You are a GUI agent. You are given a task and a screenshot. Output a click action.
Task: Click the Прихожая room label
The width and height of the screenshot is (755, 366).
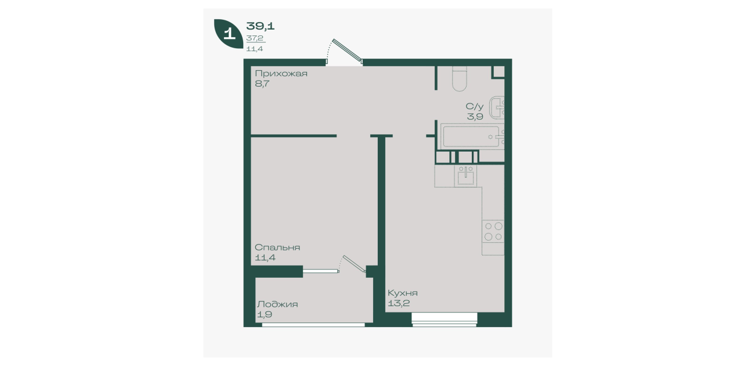(281, 74)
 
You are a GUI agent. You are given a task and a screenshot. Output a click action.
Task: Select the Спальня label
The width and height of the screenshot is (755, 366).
(277, 247)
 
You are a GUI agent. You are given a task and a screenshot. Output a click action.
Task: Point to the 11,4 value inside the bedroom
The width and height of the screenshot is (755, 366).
(265, 258)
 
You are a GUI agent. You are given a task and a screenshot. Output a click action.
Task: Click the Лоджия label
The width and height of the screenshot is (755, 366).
(277, 304)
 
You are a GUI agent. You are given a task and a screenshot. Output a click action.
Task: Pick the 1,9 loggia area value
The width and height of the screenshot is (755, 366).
(265, 315)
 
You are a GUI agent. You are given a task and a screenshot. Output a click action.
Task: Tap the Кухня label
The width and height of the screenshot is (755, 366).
(402, 293)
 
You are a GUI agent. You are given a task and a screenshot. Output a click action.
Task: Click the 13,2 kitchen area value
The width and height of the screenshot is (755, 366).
(399, 303)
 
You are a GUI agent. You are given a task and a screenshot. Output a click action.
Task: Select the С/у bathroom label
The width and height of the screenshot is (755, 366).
(475, 106)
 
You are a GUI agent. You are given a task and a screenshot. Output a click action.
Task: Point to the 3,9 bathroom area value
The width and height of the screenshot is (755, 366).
(475, 117)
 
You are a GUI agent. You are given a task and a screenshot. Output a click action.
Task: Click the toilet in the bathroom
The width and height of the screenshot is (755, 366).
(459, 79)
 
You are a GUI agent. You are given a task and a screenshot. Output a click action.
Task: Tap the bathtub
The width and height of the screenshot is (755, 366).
(472, 137)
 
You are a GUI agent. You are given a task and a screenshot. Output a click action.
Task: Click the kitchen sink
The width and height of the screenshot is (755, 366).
(465, 176)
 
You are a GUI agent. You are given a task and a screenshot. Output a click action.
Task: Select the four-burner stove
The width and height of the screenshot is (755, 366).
(493, 231)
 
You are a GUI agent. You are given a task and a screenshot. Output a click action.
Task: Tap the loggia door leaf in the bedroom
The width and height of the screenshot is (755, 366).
(354, 264)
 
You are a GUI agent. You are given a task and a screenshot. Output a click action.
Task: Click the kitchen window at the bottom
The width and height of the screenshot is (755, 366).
(444, 320)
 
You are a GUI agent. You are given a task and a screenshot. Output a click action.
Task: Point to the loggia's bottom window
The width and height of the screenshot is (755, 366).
(313, 325)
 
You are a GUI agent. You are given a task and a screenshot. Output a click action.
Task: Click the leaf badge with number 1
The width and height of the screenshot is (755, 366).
(229, 34)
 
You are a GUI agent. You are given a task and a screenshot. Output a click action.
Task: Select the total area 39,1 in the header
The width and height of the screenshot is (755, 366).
(260, 26)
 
